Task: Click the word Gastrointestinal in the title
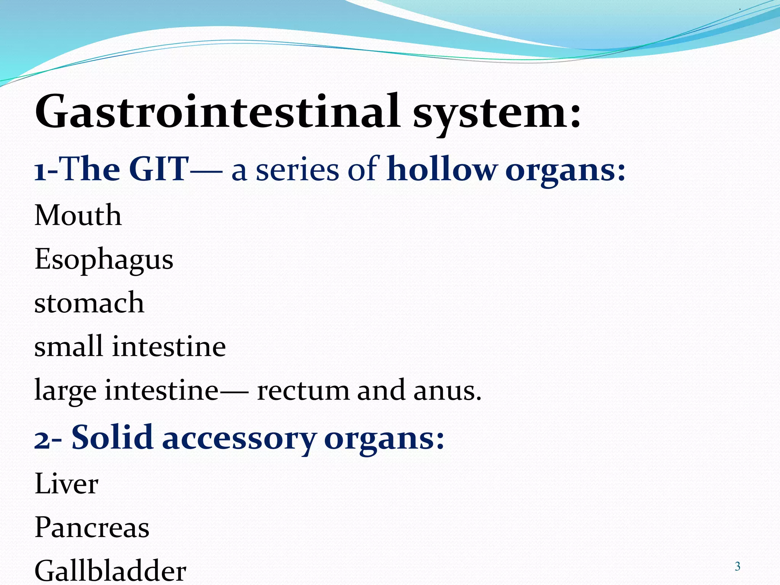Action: click(x=217, y=111)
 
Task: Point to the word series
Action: click(x=297, y=170)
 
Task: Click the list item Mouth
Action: click(x=78, y=215)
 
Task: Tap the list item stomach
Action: click(x=89, y=303)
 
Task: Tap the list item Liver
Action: click(x=66, y=484)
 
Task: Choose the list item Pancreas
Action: click(x=92, y=527)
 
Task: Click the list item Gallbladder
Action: click(x=110, y=571)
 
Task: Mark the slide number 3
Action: click(x=737, y=566)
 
